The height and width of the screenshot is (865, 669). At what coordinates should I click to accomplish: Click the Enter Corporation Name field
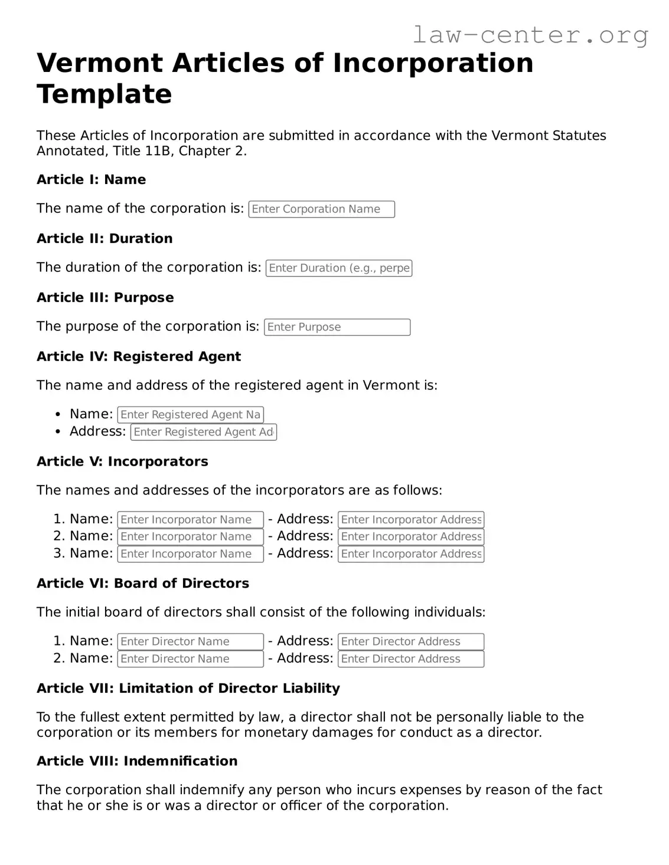pyautogui.click(x=321, y=209)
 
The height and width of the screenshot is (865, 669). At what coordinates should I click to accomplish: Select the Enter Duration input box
pyautogui.click(x=338, y=268)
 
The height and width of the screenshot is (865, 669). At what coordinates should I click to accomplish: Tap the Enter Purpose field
pyautogui.click(x=337, y=327)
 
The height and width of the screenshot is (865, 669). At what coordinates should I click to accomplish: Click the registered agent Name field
pyautogui.click(x=190, y=415)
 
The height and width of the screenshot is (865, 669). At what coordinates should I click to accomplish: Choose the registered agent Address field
pyautogui.click(x=203, y=432)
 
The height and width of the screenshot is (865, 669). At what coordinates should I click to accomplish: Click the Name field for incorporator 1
pyautogui.click(x=190, y=520)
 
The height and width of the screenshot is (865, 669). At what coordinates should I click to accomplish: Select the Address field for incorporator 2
pyautogui.click(x=410, y=537)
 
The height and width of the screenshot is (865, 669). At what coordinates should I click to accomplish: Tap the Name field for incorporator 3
pyautogui.click(x=190, y=554)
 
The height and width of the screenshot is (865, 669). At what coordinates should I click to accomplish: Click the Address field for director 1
pyautogui.click(x=410, y=641)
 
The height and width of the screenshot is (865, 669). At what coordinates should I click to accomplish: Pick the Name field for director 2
pyautogui.click(x=190, y=658)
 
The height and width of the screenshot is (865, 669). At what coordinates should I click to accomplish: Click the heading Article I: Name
pyautogui.click(x=91, y=180)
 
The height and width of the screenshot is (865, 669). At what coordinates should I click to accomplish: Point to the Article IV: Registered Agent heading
pyautogui.click(x=139, y=357)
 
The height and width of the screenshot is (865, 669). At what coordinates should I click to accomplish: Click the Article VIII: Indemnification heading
pyautogui.click(x=137, y=761)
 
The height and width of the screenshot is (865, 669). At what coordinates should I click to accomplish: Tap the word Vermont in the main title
pyautogui.click(x=99, y=63)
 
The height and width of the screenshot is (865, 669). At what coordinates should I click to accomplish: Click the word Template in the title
pyautogui.click(x=105, y=94)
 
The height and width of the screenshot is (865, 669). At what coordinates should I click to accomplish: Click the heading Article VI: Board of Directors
pyautogui.click(x=143, y=584)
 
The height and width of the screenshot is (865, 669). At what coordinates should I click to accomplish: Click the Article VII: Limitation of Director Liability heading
pyautogui.click(x=188, y=689)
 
